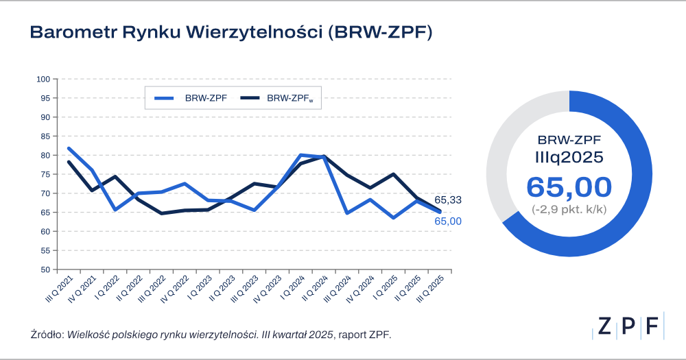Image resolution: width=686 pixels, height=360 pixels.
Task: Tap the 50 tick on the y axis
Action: pyautogui.click(x=45, y=269)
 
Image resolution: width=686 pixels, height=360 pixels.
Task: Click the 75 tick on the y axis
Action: pyautogui.click(x=45, y=174)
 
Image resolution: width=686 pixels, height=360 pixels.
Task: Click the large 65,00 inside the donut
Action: pyautogui.click(x=569, y=187)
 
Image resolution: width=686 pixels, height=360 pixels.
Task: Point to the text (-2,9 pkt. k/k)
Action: pyautogui.click(x=569, y=208)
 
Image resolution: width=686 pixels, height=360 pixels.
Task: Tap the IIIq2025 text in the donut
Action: pyautogui.click(x=569, y=156)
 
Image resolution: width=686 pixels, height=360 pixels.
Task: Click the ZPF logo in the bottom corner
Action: pyautogui.click(x=628, y=326)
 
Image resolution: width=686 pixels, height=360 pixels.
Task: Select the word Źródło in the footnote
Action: pyautogui.click(x=46, y=334)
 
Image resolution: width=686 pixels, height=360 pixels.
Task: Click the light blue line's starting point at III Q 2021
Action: pyautogui.click(x=69, y=148)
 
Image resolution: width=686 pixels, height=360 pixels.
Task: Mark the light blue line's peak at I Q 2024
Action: pyautogui.click(x=300, y=155)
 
